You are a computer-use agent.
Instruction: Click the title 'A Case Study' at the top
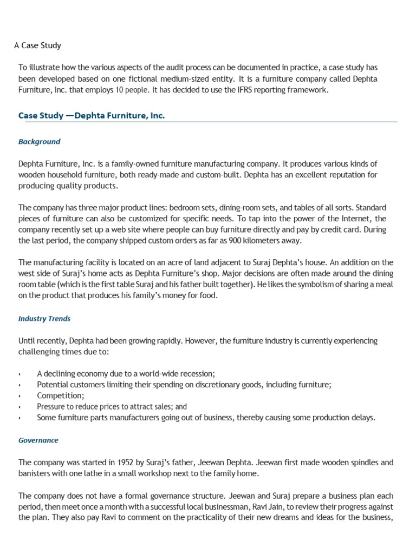click(37, 45)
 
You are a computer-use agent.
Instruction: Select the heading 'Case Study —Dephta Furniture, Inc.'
click(92, 115)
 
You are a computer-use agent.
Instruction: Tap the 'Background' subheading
click(39, 142)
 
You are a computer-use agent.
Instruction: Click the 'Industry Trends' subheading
click(44, 319)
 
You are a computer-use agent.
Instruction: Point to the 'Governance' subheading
click(38, 440)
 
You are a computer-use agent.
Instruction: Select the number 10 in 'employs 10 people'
click(119, 90)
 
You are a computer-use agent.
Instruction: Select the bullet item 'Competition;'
click(60, 395)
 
